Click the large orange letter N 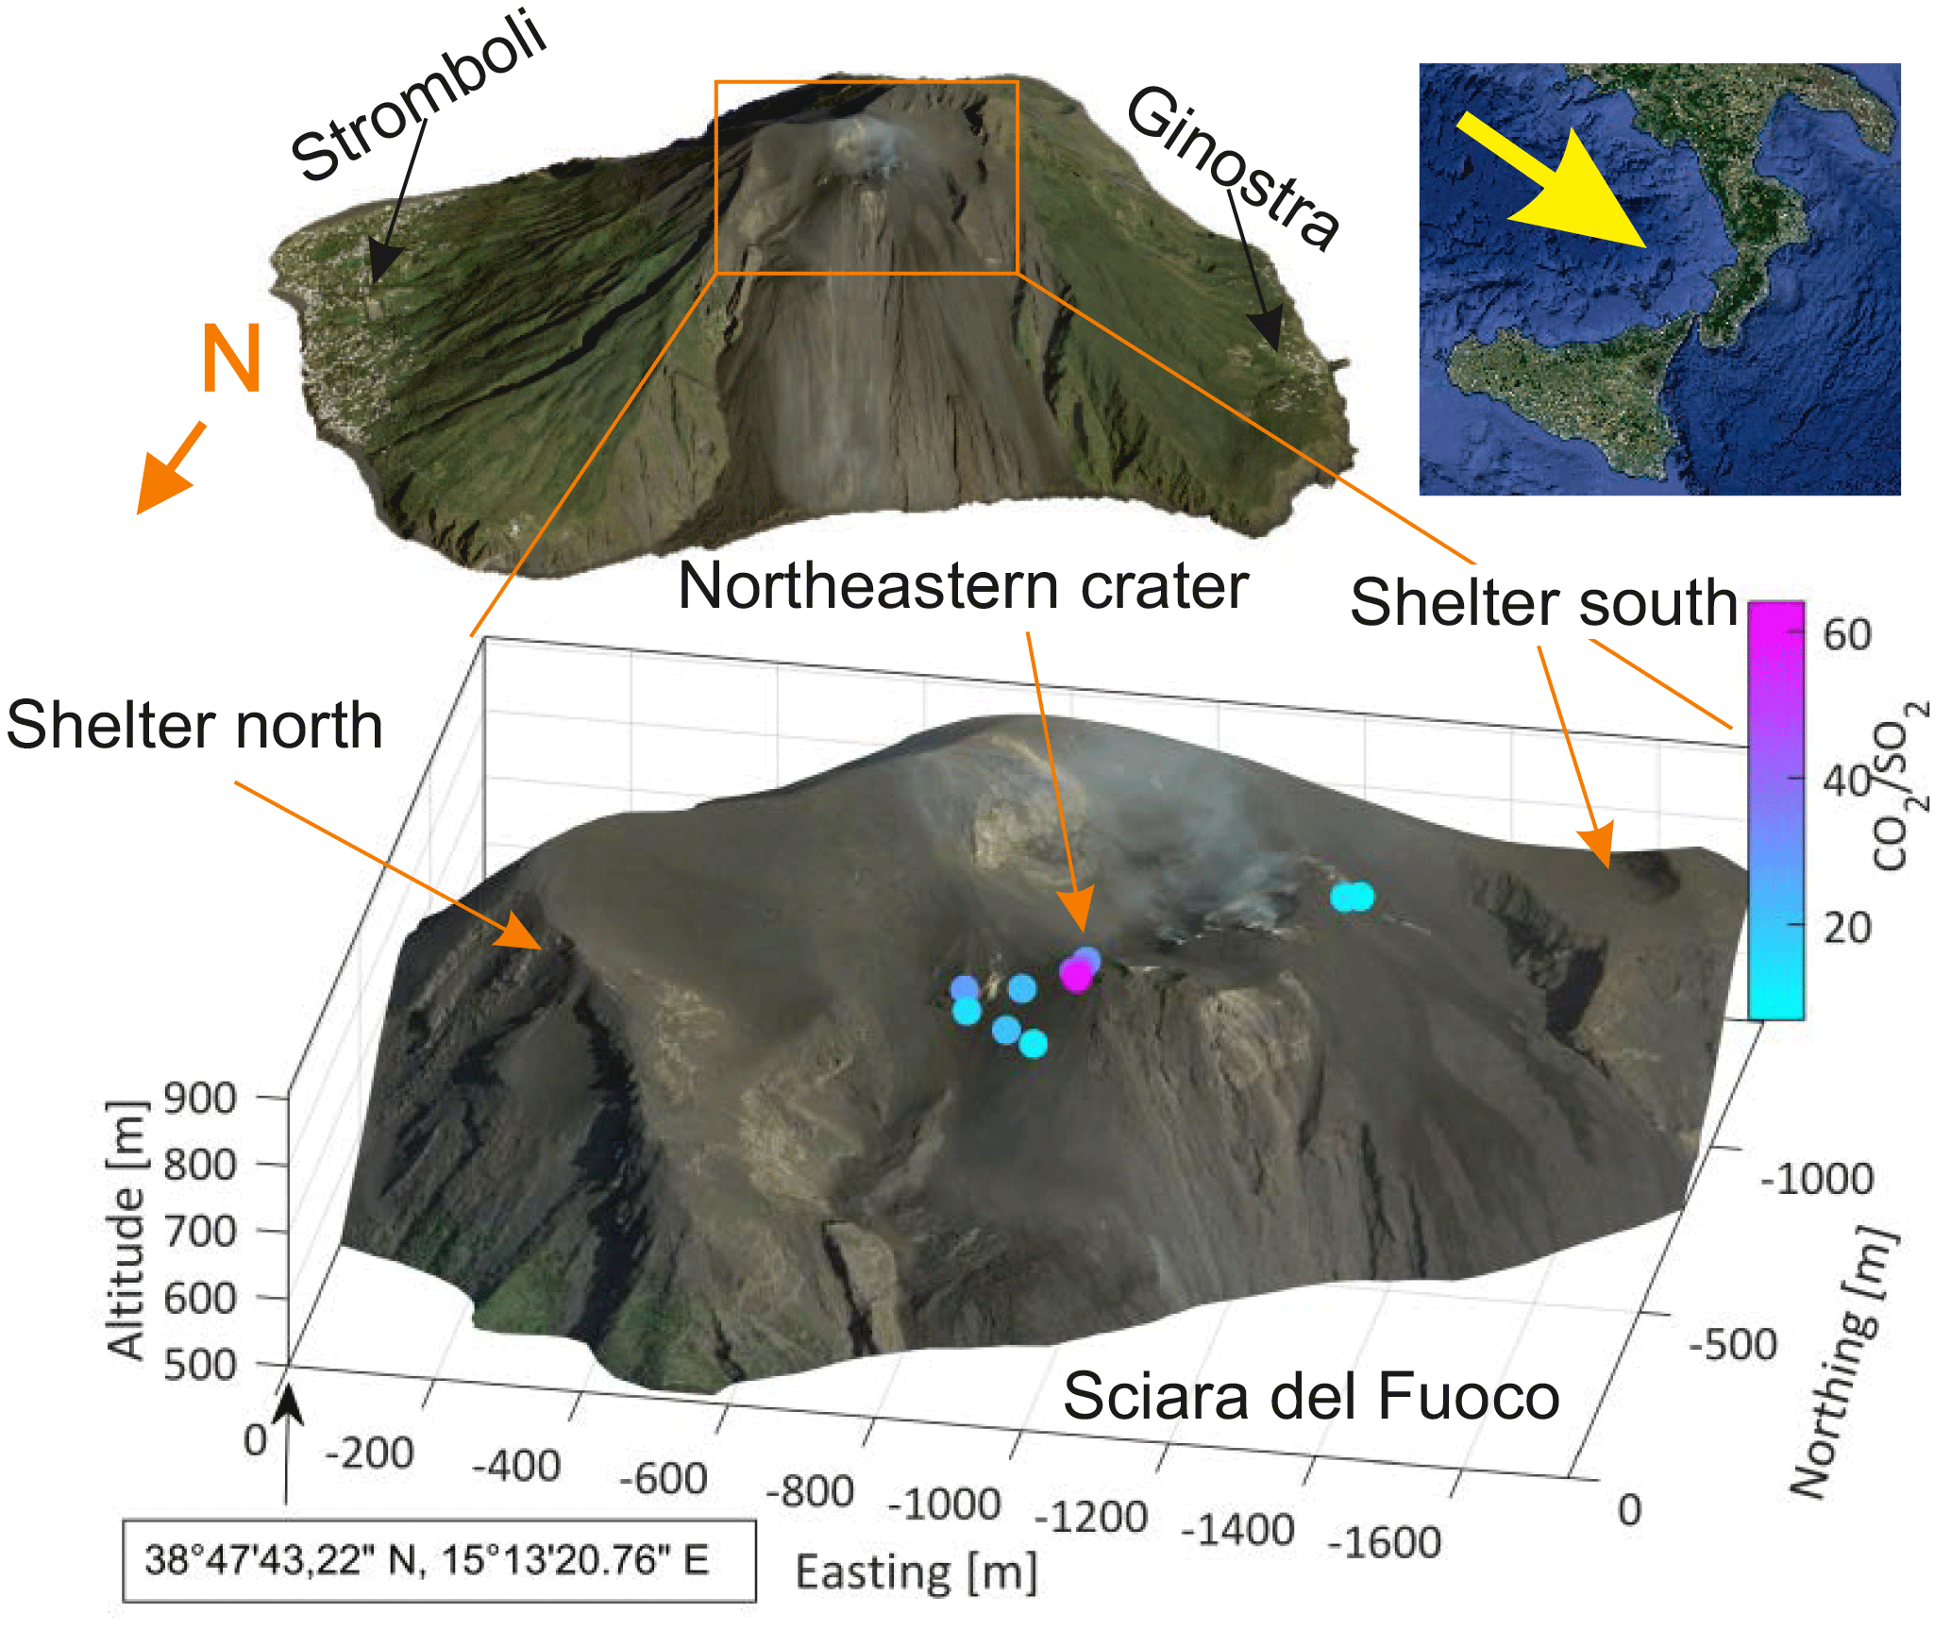coord(231,359)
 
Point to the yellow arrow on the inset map coord(1562,189)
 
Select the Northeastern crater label coord(963,587)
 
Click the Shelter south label coord(1543,602)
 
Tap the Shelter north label coord(194,725)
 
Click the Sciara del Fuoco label coord(1311,1396)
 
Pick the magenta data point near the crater coord(1075,975)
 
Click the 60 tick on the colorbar coord(1847,634)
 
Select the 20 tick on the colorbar coord(1847,928)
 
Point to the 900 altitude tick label coord(199,1099)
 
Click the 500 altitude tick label coord(199,1365)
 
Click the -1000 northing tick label coord(1817,1179)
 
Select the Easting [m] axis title coord(917,1573)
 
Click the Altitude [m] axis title coord(126,1230)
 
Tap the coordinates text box coord(439,1560)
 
